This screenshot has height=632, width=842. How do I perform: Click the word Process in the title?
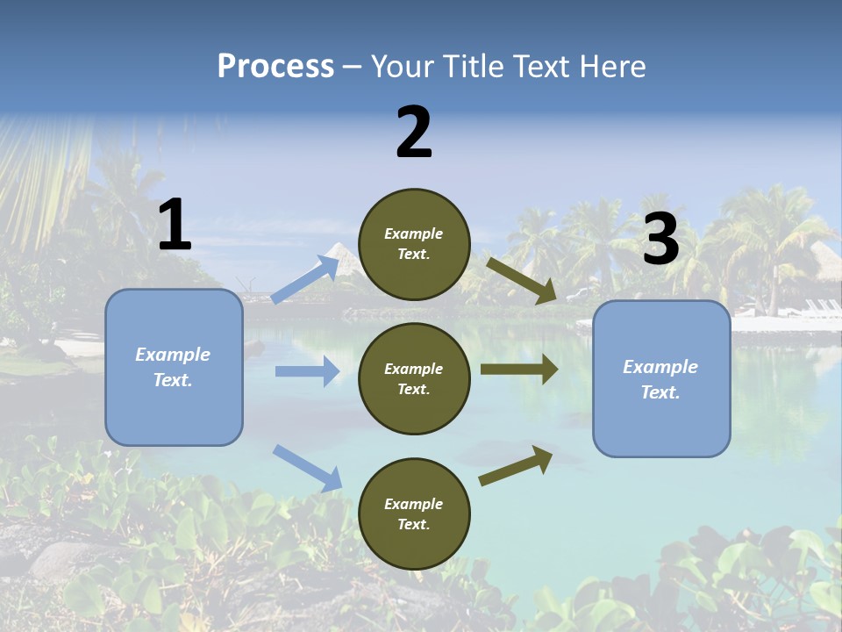coord(275,66)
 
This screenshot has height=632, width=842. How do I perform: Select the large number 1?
coord(175,226)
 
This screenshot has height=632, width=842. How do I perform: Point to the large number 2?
coord(414,133)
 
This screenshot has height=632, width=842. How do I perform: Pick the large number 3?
coord(660,240)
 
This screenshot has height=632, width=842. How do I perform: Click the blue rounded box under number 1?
coord(174,367)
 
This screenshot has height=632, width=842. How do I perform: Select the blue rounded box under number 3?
coord(661,378)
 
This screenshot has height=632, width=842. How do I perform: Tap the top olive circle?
coord(414,244)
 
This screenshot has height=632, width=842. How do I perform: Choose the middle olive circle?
coord(414,378)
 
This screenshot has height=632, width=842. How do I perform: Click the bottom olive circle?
coord(414,513)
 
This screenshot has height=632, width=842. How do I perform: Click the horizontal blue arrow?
coord(307,371)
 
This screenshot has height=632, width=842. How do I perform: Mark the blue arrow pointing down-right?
coord(307,468)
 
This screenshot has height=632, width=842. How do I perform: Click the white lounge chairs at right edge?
coord(822,309)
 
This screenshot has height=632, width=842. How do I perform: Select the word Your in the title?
coord(403,66)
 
